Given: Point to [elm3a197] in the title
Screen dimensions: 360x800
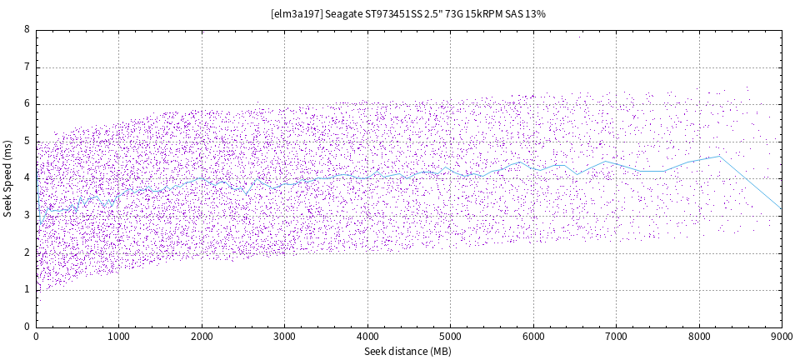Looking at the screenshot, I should point(297,14).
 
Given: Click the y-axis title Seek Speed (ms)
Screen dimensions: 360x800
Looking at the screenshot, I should point(7,177).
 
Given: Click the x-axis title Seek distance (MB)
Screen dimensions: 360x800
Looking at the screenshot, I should point(407,352).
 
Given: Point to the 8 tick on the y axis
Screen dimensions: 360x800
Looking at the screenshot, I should point(27,30).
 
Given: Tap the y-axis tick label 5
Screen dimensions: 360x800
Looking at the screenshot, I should point(27,142).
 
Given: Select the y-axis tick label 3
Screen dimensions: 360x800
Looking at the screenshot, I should point(27,216).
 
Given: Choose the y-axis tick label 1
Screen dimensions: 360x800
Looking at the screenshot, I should point(27,290).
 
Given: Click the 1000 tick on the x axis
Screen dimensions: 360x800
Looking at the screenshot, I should point(118,337).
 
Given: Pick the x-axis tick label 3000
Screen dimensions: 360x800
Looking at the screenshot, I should point(284,337).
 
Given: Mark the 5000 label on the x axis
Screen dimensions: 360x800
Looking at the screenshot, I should point(450,337).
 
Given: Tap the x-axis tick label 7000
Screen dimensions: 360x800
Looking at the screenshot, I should point(616,337).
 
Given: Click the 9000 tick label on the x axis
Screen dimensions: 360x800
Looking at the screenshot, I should point(781,337).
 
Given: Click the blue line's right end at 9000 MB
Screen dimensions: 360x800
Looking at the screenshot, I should point(781,208).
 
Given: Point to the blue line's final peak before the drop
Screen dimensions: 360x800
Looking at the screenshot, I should point(719,156).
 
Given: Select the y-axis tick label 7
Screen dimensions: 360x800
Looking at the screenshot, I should point(27,67).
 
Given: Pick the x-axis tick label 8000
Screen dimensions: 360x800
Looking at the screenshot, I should point(698,337).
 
